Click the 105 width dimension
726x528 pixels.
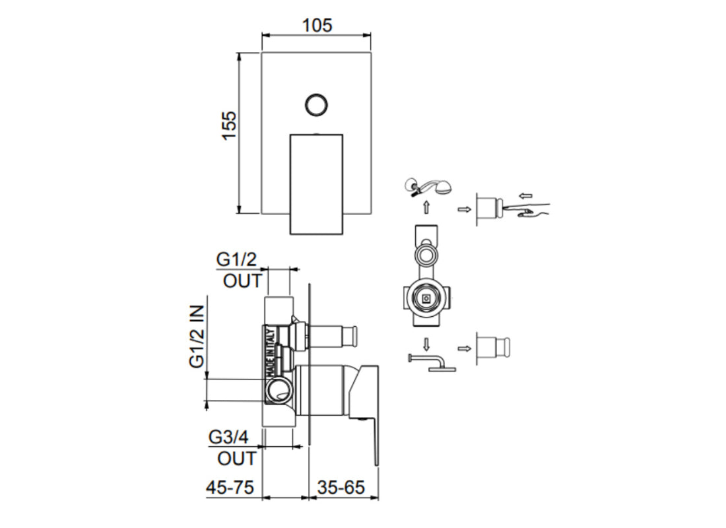[317, 25]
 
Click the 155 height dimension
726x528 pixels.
[228, 125]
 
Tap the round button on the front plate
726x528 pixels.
[316, 104]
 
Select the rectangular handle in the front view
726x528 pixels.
[316, 183]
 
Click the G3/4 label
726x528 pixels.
[228, 437]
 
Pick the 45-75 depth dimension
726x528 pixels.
[229, 488]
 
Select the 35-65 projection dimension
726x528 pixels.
[341, 488]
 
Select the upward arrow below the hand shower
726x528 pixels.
[426, 207]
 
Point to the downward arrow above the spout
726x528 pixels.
[426, 343]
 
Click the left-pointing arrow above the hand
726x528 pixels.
[525, 195]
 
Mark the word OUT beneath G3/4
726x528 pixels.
[236, 458]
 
